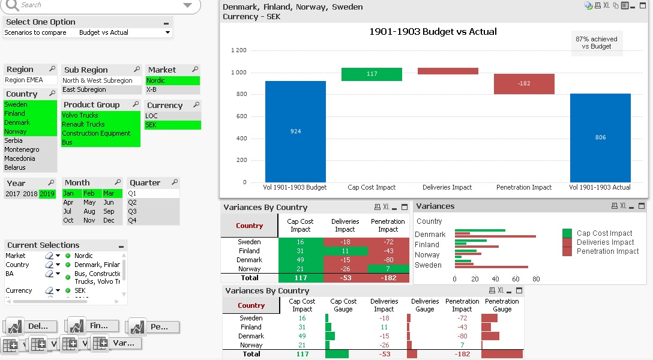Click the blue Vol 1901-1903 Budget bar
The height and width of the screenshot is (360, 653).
pos(295,131)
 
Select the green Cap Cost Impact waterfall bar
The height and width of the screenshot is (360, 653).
pos(372,74)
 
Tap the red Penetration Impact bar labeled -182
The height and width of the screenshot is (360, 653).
pos(524,84)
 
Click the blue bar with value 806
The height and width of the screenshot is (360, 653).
pos(600,137)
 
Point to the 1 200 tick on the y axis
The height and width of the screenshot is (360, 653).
pos(238,50)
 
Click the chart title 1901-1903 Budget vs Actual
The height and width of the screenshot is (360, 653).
pos(433,32)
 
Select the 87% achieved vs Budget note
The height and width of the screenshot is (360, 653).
pos(596,43)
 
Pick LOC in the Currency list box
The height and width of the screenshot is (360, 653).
pos(152,116)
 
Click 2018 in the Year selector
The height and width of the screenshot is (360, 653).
pos(30,194)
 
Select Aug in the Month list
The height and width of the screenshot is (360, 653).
pos(89,211)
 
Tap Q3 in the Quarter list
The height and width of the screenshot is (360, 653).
pos(133,211)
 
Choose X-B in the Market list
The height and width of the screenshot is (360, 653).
pos(152,89)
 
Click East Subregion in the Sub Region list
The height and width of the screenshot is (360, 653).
pos(84,89)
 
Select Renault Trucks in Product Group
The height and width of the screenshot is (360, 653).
pos(83,124)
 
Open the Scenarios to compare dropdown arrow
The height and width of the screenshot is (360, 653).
pos(167,32)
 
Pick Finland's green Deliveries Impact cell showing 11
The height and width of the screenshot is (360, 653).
pos(345,251)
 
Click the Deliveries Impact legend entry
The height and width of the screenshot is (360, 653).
pos(605,242)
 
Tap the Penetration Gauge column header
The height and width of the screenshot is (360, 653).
pos(502,305)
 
